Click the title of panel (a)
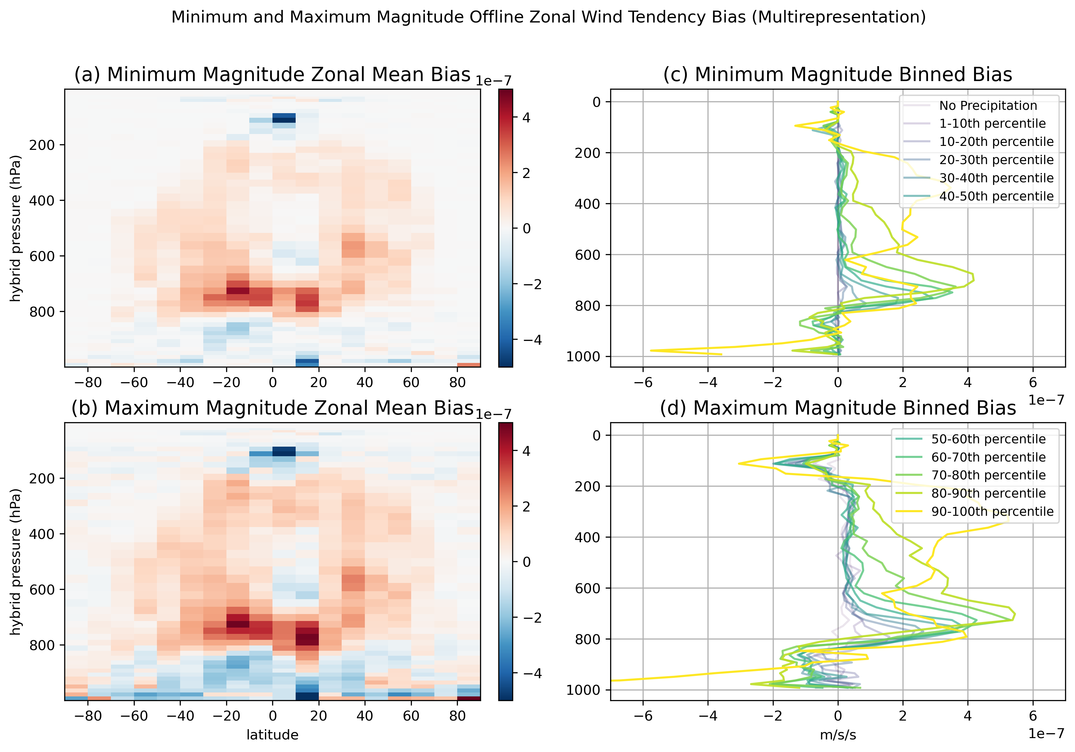(x=272, y=75)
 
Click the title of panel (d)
(x=838, y=408)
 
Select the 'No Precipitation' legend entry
(x=988, y=106)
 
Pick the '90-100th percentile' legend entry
(x=992, y=511)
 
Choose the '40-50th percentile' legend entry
(x=996, y=197)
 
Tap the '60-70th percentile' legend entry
(x=988, y=457)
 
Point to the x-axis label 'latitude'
(x=272, y=735)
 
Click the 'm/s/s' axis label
(x=838, y=735)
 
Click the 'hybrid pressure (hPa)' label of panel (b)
(x=16, y=561)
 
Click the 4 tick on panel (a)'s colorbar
(x=526, y=118)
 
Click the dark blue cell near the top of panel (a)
(x=284, y=118)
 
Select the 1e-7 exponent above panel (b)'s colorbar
(x=494, y=415)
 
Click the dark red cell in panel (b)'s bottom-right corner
(x=469, y=698)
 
